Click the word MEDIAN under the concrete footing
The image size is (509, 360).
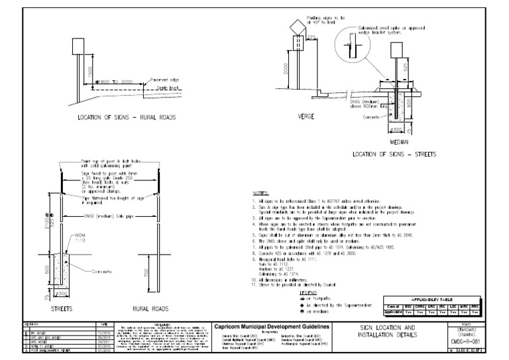(399, 141)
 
